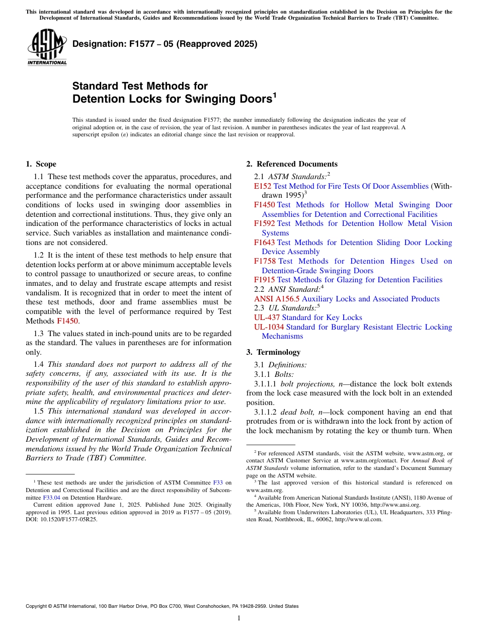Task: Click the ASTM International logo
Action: point(47,47)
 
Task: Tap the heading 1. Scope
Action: point(41,164)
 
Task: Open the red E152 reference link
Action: point(263,186)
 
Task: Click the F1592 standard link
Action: point(264,223)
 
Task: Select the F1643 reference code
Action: point(264,243)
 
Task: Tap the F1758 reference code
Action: point(265,261)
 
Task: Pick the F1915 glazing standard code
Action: point(264,280)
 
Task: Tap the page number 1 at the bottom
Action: point(239,618)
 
